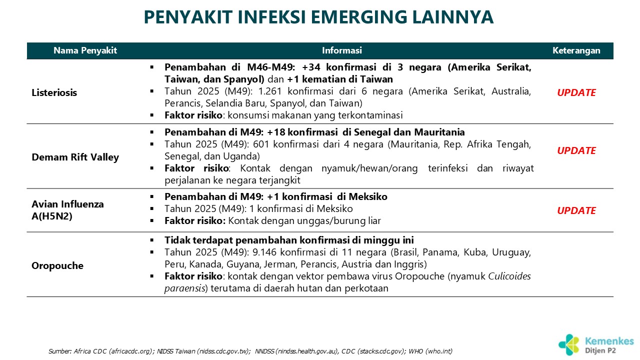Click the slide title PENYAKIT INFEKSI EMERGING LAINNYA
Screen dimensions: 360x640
pos(318,17)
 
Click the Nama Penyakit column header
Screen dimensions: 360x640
pos(85,50)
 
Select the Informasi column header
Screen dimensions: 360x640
pos(341,50)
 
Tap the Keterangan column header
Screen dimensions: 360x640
pos(576,50)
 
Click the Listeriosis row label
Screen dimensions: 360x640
pos(54,93)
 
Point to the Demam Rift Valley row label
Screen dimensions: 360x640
pos(75,157)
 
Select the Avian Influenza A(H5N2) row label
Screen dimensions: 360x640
pos(68,210)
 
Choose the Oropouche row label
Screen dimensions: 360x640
pos(57,265)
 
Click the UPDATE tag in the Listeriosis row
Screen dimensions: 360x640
pos(576,93)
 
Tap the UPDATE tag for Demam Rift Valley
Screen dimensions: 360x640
pos(576,151)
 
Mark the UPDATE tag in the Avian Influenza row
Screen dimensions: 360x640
pos(576,211)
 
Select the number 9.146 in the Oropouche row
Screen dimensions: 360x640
pos(269,252)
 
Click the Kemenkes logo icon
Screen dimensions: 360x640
pos(569,344)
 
